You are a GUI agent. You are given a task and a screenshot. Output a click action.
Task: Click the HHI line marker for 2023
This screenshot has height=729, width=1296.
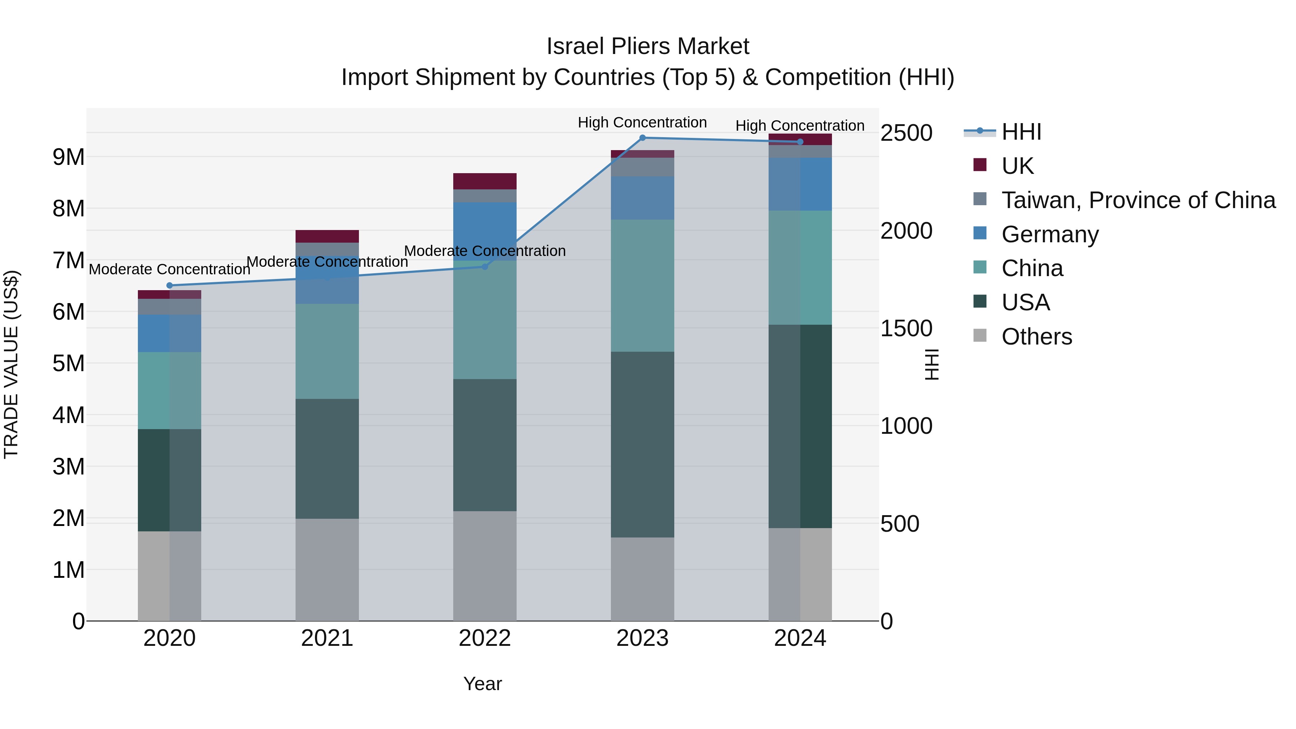(643, 138)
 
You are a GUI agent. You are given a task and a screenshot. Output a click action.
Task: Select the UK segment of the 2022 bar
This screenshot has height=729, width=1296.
(485, 181)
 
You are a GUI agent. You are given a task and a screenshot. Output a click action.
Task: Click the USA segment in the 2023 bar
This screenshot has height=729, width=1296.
(643, 444)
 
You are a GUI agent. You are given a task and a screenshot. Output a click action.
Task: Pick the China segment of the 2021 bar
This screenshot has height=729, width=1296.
(327, 351)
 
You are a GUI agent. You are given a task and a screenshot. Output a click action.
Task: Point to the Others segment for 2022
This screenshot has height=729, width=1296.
(485, 566)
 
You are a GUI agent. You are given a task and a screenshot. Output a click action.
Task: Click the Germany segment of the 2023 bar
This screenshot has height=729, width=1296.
(643, 198)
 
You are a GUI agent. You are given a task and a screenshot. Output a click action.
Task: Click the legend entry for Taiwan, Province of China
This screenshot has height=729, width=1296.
(1138, 200)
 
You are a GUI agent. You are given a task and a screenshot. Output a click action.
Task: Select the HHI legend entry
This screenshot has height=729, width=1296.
(1021, 132)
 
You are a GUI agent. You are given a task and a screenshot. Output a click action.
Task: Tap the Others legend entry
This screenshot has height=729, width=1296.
(1036, 337)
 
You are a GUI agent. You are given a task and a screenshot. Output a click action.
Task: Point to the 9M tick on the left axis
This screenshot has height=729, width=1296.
(68, 157)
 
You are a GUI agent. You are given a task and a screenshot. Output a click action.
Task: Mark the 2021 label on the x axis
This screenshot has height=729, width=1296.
(327, 638)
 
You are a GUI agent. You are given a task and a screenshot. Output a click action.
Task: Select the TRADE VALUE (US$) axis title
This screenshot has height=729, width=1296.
(12, 364)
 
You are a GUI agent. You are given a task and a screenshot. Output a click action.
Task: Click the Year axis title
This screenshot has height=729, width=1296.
(482, 684)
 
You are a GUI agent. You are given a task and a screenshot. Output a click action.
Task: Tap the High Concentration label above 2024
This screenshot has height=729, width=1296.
(800, 126)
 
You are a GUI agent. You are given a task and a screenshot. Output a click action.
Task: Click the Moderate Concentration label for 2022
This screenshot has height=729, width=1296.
(485, 251)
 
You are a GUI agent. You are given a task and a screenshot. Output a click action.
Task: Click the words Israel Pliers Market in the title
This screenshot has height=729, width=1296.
(648, 47)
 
